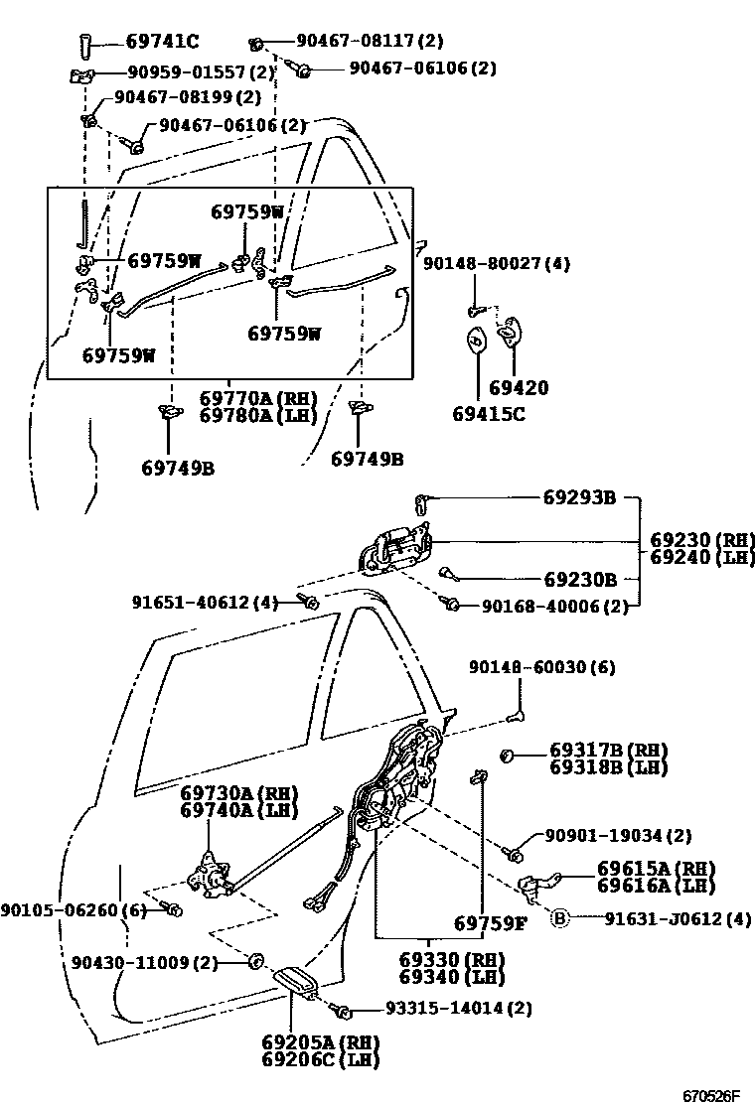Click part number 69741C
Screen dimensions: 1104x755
tap(162, 42)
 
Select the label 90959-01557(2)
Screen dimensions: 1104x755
tap(199, 72)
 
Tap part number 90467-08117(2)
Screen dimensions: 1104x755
tap(370, 42)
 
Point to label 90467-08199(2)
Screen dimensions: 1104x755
tap(187, 97)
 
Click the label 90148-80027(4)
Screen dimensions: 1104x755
tap(497, 264)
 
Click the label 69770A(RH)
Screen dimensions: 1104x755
tap(257, 398)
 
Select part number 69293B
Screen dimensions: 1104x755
tap(579, 497)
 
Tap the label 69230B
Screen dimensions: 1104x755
tap(580, 579)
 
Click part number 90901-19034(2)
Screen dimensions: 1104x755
tap(618, 836)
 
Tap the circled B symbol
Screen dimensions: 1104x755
tap(559, 918)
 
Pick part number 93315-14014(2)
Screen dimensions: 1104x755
tap(458, 1009)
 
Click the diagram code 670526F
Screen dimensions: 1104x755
tap(710, 1096)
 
